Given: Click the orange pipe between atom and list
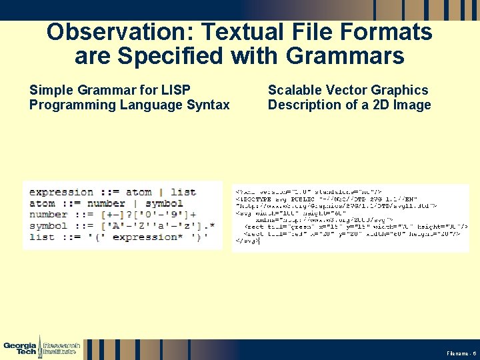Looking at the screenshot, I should pos(161,192).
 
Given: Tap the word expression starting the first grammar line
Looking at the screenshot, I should pos(61,192).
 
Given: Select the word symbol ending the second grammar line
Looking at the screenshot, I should pos(164,203).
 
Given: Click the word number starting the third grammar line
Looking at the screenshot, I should pos(48,215).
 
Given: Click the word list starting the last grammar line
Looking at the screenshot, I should pos(42,237).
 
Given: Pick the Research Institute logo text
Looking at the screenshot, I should pos(61,347).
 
